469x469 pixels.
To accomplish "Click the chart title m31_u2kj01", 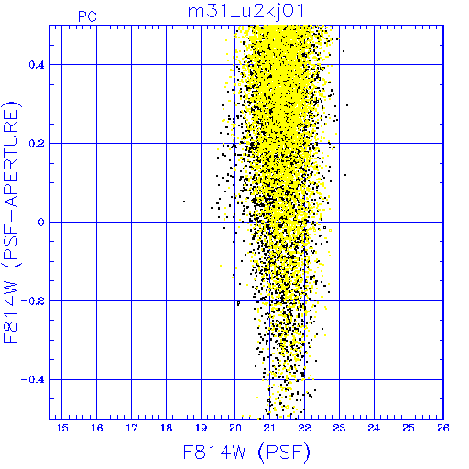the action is click(246, 12).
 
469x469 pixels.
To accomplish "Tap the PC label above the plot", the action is click(87, 16).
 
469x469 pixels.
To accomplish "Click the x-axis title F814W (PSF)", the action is click(246, 453).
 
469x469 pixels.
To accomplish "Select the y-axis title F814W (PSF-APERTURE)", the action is click(11, 222).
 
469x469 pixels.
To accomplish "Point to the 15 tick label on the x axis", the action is click(62, 428).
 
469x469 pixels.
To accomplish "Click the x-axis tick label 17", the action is click(132, 428).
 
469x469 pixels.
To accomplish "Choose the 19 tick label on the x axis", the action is click(201, 428).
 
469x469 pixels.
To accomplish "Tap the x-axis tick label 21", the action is click(270, 428).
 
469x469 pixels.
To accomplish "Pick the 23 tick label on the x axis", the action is click(339, 428).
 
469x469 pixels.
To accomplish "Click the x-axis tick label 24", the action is click(374, 428).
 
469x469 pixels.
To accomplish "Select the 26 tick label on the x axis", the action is click(443, 428).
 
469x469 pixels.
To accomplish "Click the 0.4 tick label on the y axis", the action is click(37, 65).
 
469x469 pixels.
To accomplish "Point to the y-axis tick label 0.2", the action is click(37, 144).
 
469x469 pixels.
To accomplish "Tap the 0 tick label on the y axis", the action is click(41, 223).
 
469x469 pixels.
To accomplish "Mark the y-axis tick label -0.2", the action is click(33, 301).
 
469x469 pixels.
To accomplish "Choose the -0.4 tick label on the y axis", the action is click(33, 380).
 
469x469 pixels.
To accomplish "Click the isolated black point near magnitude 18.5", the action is click(184, 202).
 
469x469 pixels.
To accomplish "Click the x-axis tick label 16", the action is click(97, 428).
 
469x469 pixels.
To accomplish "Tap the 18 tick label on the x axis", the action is click(167, 428).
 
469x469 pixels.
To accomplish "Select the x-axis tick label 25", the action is click(409, 428).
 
